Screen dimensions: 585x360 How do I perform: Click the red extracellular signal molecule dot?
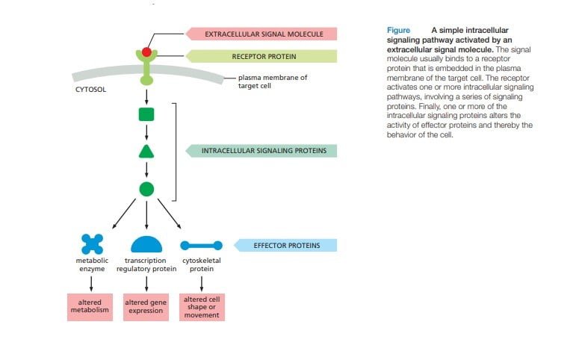click(146, 52)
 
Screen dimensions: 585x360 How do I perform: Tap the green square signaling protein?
click(146, 114)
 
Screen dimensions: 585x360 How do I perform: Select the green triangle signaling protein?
click(146, 152)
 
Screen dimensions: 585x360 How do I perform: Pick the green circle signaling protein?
click(146, 189)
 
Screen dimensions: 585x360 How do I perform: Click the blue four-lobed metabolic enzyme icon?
click(92, 244)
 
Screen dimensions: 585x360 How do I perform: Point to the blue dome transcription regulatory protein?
click(146, 244)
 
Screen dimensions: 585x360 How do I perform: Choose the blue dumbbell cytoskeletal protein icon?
click(202, 246)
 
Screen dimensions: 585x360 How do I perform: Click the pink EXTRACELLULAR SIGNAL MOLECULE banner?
click(261, 34)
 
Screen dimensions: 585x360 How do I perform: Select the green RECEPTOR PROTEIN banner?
click(261, 56)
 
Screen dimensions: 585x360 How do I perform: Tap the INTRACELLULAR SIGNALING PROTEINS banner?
click(261, 151)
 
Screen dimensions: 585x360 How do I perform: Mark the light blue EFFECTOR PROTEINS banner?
click(285, 246)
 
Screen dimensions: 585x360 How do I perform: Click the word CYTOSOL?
click(90, 90)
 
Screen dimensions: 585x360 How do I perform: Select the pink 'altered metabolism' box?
click(90, 307)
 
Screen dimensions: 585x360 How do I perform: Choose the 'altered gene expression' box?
click(146, 307)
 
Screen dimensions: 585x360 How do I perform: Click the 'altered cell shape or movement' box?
click(202, 307)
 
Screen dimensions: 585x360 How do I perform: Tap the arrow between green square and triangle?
click(146, 133)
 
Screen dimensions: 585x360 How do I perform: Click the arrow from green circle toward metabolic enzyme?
click(124, 214)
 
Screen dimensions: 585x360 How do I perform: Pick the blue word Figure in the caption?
click(398, 30)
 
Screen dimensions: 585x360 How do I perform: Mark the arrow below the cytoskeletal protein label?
click(202, 284)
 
